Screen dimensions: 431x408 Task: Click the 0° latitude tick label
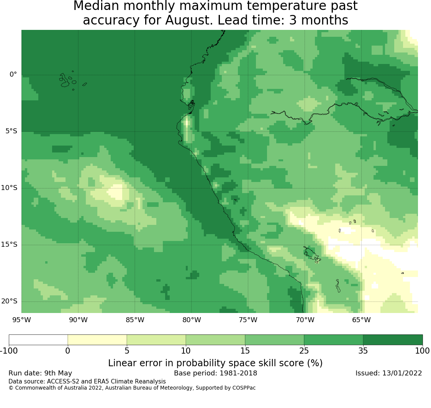(x=13, y=74)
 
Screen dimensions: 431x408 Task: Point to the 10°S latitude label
(x=9, y=188)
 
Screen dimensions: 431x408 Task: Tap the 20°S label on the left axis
(x=9, y=301)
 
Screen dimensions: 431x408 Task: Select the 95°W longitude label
(x=21, y=320)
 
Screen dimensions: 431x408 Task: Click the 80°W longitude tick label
(x=192, y=320)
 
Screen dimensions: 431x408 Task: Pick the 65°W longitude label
(x=361, y=320)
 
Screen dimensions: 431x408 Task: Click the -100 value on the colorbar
(x=9, y=351)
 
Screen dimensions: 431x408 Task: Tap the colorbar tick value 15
(x=245, y=351)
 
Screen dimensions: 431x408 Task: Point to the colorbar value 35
(x=363, y=351)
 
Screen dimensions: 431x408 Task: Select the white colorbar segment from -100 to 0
(x=38, y=340)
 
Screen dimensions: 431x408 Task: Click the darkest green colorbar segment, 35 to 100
(x=393, y=340)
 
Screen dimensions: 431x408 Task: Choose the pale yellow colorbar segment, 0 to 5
(x=97, y=340)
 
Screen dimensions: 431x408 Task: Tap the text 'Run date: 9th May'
(x=40, y=373)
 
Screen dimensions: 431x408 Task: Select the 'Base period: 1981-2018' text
(x=215, y=373)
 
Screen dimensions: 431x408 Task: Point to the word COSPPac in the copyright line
(x=244, y=388)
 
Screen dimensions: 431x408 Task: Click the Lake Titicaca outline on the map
(x=312, y=254)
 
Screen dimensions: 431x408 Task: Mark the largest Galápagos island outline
(x=64, y=80)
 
